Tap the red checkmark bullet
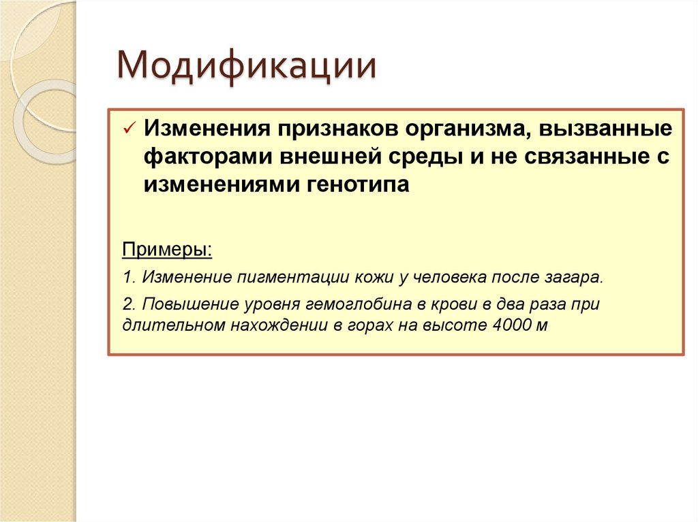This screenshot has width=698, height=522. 129,129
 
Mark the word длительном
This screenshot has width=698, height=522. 171,325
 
